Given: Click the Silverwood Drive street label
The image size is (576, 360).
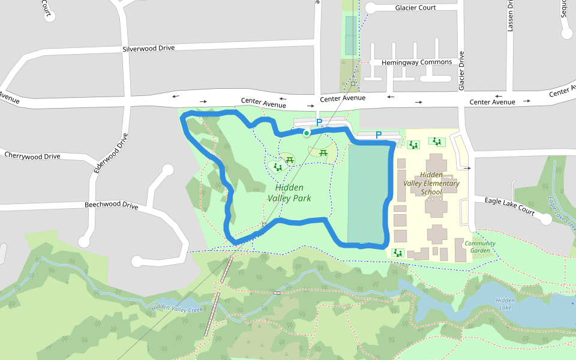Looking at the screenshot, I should pyautogui.click(x=148, y=48).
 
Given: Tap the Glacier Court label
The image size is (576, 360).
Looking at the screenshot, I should pyautogui.click(x=415, y=8).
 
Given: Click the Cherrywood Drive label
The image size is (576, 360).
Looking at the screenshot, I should pyautogui.click(x=32, y=156).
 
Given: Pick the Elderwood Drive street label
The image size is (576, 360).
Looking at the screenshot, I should pyautogui.click(x=112, y=153).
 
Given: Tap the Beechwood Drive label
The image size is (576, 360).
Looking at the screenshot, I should pyautogui.click(x=111, y=206).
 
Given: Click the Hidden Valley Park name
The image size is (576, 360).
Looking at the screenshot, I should pyautogui.click(x=289, y=193).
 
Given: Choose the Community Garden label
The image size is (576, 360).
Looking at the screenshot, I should pyautogui.click(x=480, y=247).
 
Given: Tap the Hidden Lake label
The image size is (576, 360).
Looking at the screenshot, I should pyautogui.click(x=505, y=304).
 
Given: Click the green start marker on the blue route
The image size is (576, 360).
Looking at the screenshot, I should pyautogui.click(x=306, y=133).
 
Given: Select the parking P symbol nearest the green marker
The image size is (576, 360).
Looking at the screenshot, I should pyautogui.click(x=319, y=122).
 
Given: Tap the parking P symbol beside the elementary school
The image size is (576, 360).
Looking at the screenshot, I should pyautogui.click(x=379, y=135).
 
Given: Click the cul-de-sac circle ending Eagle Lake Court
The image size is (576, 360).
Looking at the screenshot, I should pyautogui.click(x=546, y=219).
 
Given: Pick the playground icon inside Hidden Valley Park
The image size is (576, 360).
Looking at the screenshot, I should pyautogui.click(x=277, y=167).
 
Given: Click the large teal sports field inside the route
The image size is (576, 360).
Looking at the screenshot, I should pyautogui.click(x=368, y=192).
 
